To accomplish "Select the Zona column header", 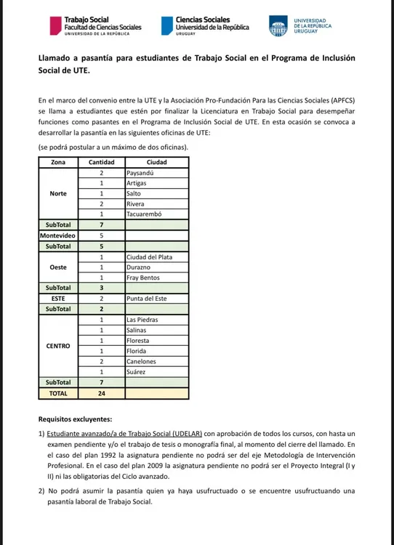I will click(x=58, y=162).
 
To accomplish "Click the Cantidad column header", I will click(x=101, y=162).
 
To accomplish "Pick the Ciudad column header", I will click(x=156, y=162).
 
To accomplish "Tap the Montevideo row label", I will click(x=58, y=235).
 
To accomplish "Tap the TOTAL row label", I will click(x=58, y=393).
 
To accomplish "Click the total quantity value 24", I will click(x=101, y=393).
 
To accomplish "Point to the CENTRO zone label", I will click(x=58, y=345).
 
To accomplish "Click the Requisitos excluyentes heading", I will click(x=75, y=419).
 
